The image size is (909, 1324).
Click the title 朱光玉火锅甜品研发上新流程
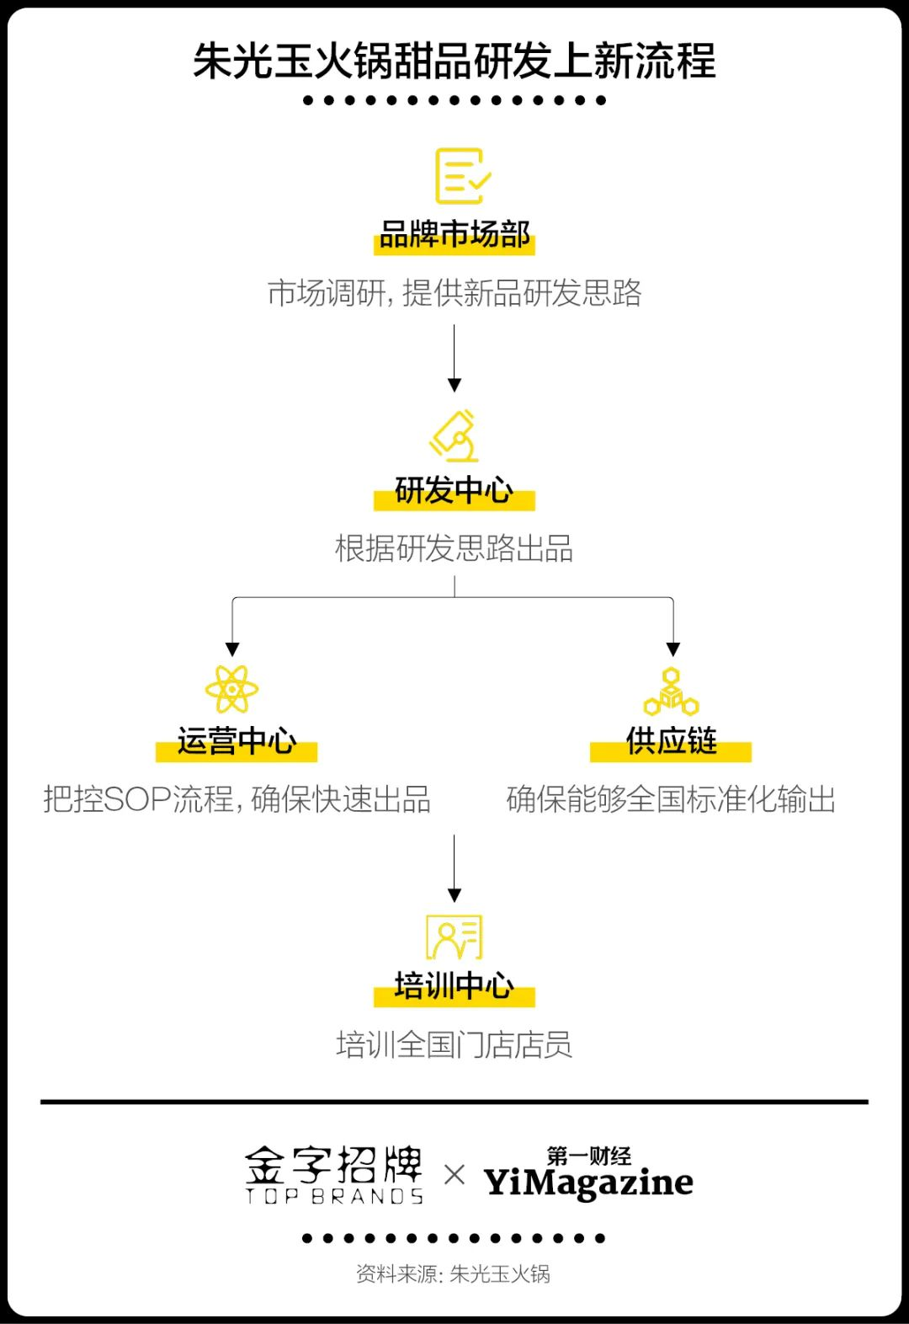454,61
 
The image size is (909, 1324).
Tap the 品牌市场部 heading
454,235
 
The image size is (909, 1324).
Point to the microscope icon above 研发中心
455,435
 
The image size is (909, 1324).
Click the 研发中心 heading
454,490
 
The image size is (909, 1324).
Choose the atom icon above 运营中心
231,689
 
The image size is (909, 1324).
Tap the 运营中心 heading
237,741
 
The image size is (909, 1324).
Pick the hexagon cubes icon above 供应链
671,692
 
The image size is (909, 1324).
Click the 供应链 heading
671,741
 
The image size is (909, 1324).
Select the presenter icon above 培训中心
454,937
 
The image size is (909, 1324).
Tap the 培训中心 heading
454,985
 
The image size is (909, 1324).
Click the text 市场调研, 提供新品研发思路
454,293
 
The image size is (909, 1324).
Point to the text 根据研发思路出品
454,548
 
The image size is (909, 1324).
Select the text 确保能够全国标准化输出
671,799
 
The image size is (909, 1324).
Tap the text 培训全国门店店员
454,1045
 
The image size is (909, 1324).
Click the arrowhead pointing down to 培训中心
454,895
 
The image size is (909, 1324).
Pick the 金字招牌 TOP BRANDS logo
334,1174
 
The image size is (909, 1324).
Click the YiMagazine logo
588,1175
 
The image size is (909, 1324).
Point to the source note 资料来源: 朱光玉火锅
454,1273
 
